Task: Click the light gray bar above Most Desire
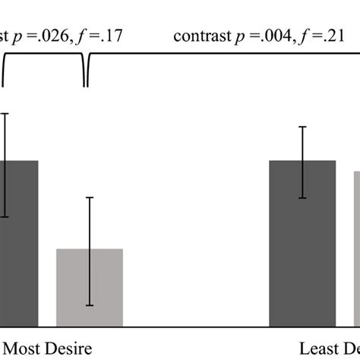click(x=89, y=289)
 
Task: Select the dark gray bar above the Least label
click(x=302, y=243)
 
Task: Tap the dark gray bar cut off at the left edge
click(x=18, y=243)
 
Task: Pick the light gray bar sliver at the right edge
click(x=356, y=251)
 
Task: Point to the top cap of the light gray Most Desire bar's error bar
click(x=89, y=197)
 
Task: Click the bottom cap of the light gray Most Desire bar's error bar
click(x=89, y=305)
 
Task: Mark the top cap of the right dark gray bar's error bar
click(x=302, y=127)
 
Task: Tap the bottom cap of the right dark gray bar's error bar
click(x=302, y=198)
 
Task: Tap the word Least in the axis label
click(x=318, y=349)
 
